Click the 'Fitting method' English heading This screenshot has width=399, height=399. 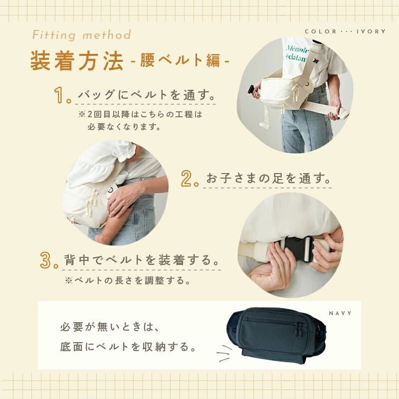82,35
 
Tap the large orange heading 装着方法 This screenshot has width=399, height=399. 77,61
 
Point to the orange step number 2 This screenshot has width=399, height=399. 190,178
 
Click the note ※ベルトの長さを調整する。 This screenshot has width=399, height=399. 127,280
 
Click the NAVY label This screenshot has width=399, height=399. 340,314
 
